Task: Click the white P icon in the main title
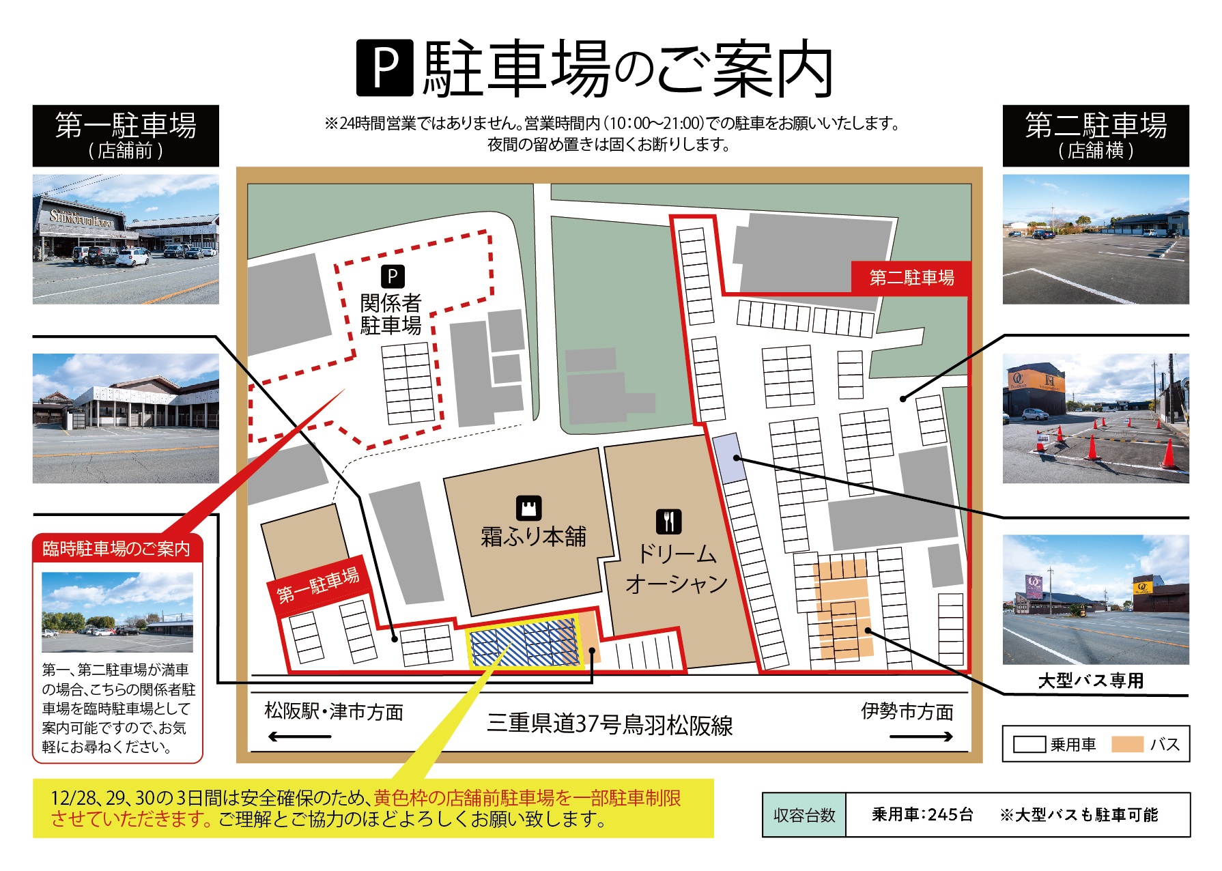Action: pos(385,68)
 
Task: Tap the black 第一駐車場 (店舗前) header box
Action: pos(126,136)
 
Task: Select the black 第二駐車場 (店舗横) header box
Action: pos(1095,136)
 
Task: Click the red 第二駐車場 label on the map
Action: pos(911,278)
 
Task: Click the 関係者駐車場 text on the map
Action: pos(390,314)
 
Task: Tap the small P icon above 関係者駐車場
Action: pos(392,276)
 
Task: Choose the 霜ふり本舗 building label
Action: pos(533,537)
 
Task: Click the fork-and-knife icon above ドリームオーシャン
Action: pos(669,522)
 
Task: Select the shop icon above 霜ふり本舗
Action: pos(529,508)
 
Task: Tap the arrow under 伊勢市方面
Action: pos(921,736)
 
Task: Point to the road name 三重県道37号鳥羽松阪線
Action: pos(609,724)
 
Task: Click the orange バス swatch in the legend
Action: pos(1127,744)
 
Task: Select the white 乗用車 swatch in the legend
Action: pos(1029,744)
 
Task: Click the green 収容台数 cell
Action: pos(804,815)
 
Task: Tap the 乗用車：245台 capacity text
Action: pos(922,815)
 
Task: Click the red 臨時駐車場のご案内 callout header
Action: pos(117,549)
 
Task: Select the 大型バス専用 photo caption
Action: pos(1090,681)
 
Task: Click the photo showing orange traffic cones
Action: pos(1095,418)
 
